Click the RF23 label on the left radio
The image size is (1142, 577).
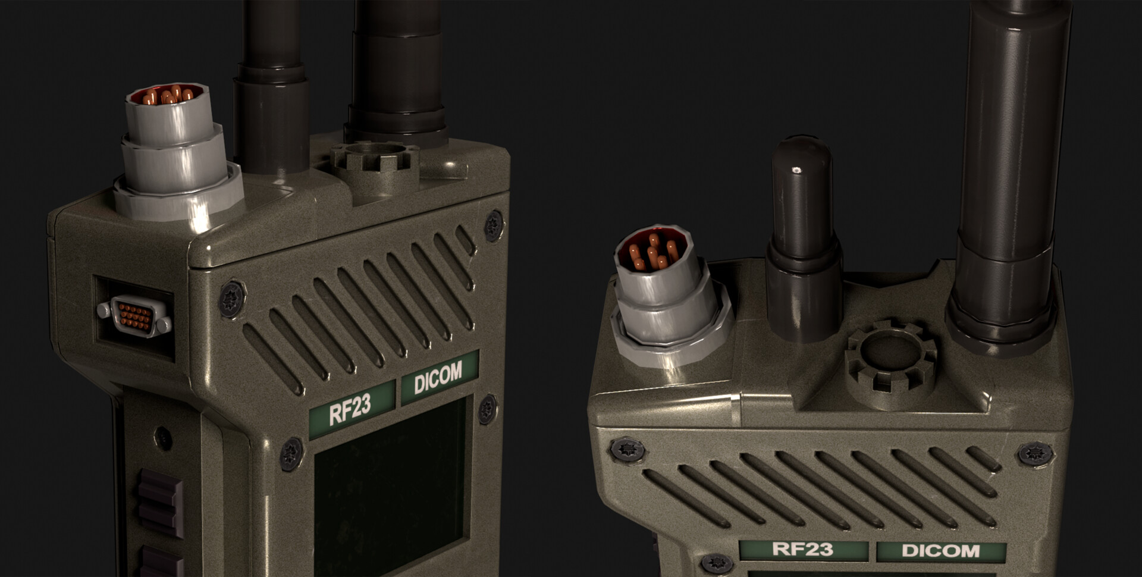point(351,409)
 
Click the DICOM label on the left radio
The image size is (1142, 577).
point(438,377)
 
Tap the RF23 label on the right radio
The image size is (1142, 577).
point(802,549)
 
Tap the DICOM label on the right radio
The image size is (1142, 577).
point(940,551)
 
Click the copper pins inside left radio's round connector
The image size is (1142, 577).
point(171,95)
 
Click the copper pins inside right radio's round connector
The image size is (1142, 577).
point(654,253)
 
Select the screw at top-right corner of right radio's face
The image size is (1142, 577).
point(1036,454)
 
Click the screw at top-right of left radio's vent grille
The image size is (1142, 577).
point(493,225)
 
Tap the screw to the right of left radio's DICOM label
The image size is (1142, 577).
point(487,409)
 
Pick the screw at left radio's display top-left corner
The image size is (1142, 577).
point(291,454)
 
